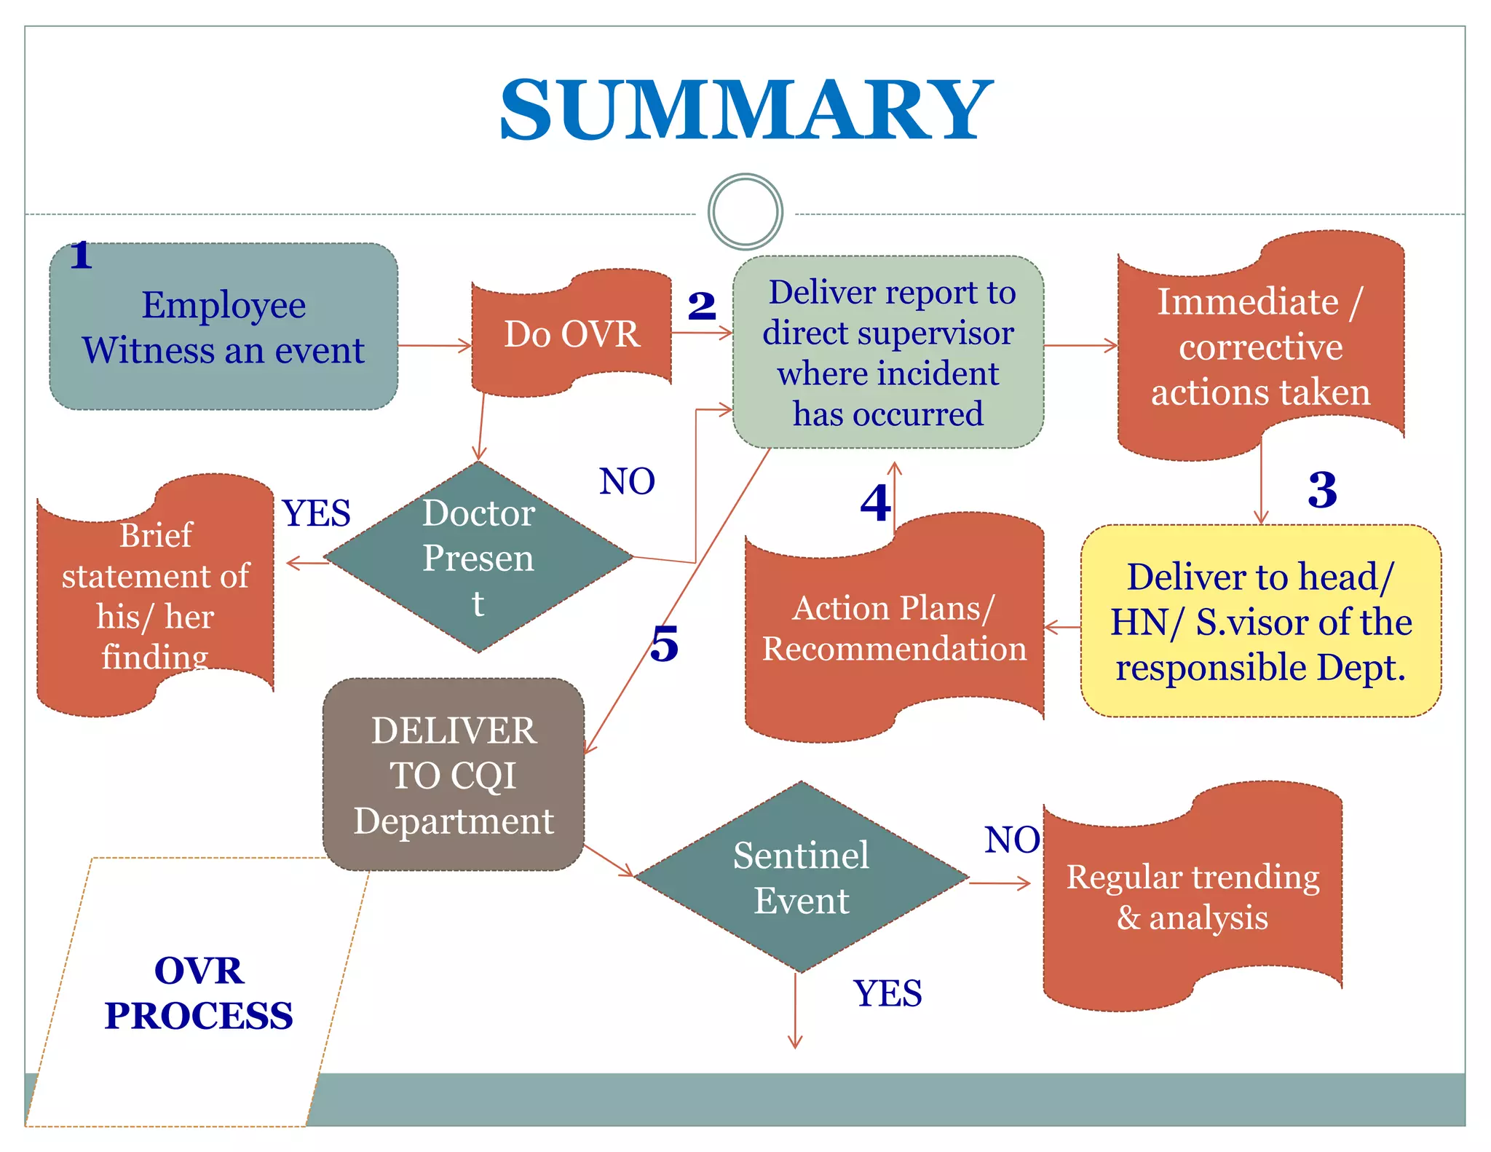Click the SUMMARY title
click(745, 111)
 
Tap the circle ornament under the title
click(745, 212)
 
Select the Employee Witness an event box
click(224, 327)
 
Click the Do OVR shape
click(572, 334)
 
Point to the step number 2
click(702, 306)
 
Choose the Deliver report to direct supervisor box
click(888, 352)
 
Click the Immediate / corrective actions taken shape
click(1260, 347)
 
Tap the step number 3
click(1322, 489)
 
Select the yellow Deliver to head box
click(1260, 621)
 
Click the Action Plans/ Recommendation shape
click(894, 628)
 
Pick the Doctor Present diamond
click(478, 558)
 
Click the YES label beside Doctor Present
click(316, 513)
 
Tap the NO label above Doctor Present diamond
click(627, 481)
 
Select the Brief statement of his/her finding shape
click(155, 596)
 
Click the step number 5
click(664, 644)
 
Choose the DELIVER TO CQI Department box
click(454, 775)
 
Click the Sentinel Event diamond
click(801, 877)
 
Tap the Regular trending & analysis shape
click(1193, 896)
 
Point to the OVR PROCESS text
click(198, 993)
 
